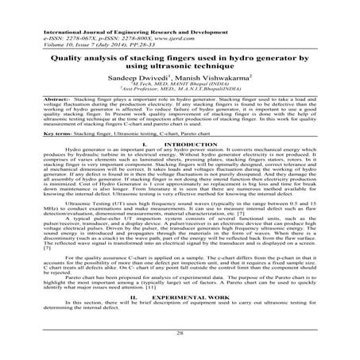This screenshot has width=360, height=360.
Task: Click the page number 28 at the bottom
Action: [x=180, y=336]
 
